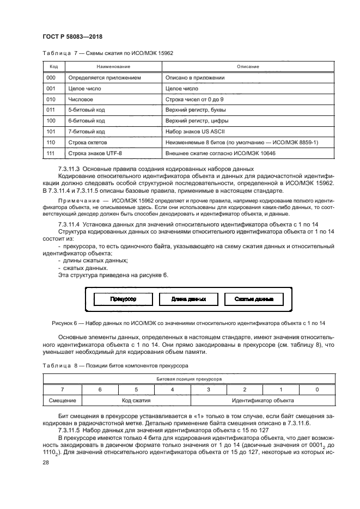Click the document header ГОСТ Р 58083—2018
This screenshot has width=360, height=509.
click(x=72, y=36)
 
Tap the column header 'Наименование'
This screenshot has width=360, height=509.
click(x=113, y=66)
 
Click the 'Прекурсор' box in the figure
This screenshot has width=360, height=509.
click(x=123, y=299)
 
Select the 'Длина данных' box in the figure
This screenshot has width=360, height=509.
click(x=188, y=299)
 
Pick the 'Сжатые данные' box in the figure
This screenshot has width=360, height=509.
click(x=254, y=299)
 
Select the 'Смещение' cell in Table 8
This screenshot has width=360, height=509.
click(x=62, y=400)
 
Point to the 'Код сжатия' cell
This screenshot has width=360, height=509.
click(x=136, y=400)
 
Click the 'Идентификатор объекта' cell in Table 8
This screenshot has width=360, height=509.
click(x=263, y=400)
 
